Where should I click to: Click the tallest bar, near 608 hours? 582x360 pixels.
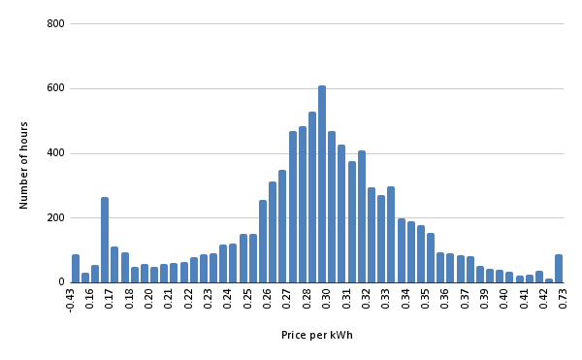coord(322,184)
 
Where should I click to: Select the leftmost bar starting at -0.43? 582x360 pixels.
coord(76,269)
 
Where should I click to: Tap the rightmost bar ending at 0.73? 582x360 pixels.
coord(559,269)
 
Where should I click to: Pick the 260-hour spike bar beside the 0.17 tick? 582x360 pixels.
coord(105,240)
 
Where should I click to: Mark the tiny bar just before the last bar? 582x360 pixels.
coord(549,280)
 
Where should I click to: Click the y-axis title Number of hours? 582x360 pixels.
coord(24,165)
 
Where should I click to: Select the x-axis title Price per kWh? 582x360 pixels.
coord(317,336)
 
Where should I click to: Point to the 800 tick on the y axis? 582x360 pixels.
coord(55,23)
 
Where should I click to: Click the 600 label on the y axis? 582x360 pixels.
coord(55,88)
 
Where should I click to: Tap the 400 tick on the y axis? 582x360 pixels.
coord(55,153)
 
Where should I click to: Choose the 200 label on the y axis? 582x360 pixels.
coord(55,217)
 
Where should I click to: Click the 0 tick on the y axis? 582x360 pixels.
coord(61,282)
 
